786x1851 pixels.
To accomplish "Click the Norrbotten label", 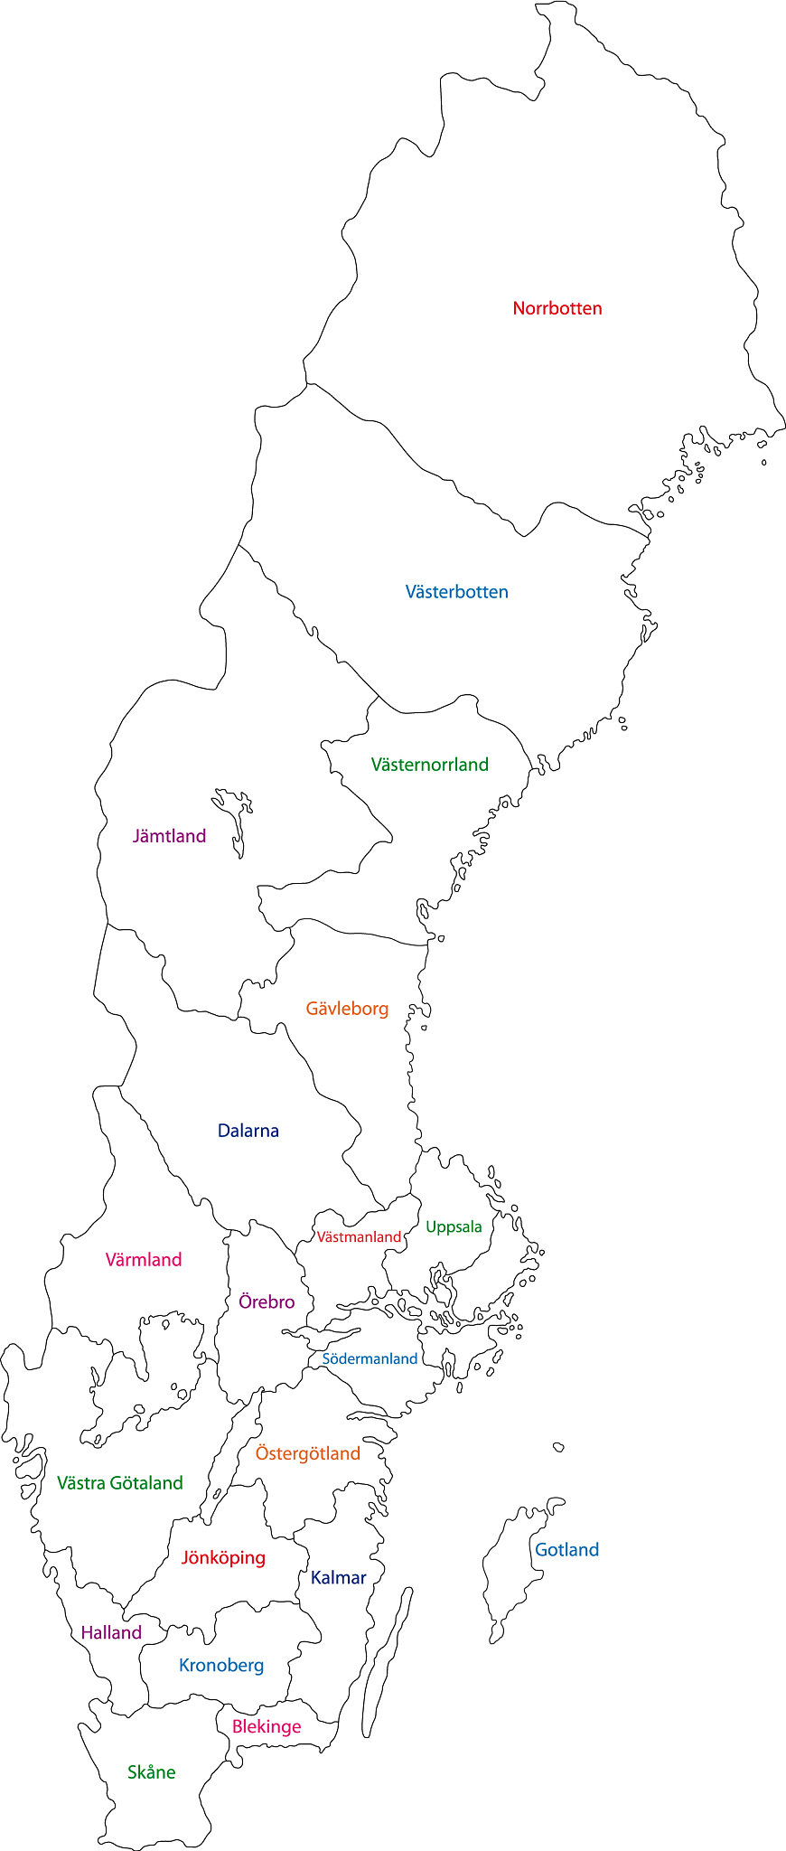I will click(x=557, y=308).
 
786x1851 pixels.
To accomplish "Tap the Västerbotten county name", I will click(x=456, y=592).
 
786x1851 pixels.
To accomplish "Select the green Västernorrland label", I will click(x=429, y=765).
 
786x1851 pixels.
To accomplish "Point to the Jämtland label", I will click(x=169, y=836).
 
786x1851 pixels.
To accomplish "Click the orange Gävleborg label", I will click(x=347, y=1009).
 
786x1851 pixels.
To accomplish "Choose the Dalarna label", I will click(x=248, y=1131).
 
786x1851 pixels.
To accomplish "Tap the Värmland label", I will click(x=144, y=1260).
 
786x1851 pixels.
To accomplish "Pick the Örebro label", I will click(x=267, y=1302).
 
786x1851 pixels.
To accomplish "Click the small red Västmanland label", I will click(x=359, y=1236).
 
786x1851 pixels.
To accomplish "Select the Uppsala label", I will click(x=454, y=1226).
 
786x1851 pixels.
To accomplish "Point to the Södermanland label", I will click(x=370, y=1358).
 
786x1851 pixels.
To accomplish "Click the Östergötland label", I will click(x=307, y=1453).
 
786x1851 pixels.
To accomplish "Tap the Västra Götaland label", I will click(x=119, y=1483).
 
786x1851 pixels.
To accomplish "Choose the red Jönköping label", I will click(x=223, y=1558).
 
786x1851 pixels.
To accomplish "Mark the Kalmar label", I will click(x=338, y=1578).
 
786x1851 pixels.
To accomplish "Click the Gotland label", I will click(x=566, y=1550).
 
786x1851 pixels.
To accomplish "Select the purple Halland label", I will click(x=111, y=1633).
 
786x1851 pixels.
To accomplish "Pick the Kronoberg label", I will click(x=221, y=1666).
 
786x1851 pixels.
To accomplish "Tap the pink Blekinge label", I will click(x=267, y=1727).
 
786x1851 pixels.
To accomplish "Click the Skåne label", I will click(x=151, y=1772).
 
